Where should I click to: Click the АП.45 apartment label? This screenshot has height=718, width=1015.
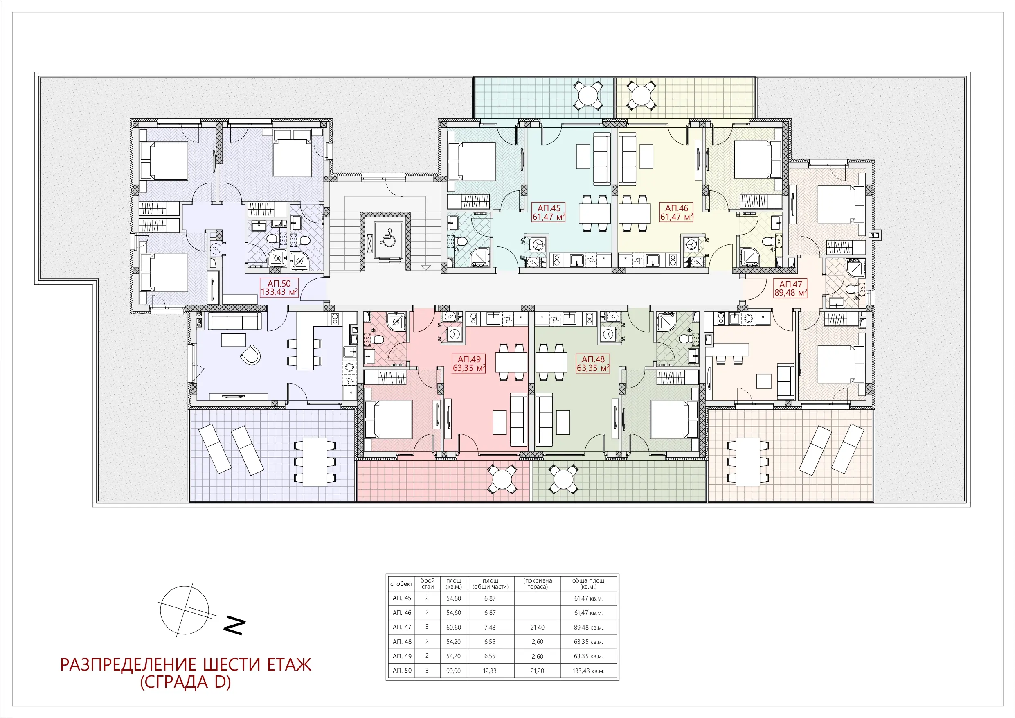tap(549, 212)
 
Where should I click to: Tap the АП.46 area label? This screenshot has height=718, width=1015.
tap(676, 212)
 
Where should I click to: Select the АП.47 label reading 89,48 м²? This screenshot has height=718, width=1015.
tap(790, 289)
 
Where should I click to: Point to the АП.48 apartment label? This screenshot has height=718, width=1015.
tap(593, 364)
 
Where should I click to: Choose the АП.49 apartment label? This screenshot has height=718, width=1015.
tap(469, 364)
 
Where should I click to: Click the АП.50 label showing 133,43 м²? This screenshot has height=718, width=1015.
tap(279, 287)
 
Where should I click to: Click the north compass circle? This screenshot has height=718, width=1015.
tap(185, 610)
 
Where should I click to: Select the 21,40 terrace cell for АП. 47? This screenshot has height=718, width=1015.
tap(537, 627)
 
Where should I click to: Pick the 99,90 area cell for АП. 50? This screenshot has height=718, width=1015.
tap(454, 671)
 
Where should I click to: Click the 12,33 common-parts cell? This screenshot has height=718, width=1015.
tap(490, 671)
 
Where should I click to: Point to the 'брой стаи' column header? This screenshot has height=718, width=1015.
tap(428, 583)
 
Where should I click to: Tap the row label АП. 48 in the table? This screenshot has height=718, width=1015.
tap(402, 641)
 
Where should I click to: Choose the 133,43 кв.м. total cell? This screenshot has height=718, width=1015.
tap(589, 671)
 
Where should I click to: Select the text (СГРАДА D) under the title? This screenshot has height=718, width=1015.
tap(186, 682)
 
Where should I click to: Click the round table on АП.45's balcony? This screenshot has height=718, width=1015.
tap(588, 95)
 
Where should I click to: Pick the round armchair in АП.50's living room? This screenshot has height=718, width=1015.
tap(251, 355)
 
